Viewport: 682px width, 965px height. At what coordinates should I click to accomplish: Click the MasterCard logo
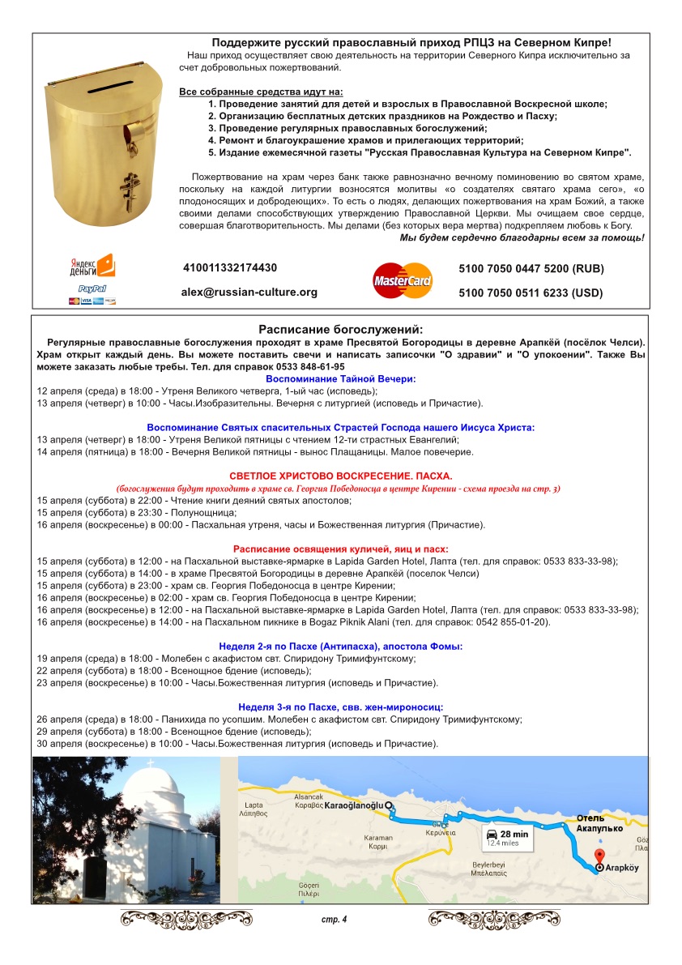coord(403,280)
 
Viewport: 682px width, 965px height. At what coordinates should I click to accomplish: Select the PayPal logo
coord(92,288)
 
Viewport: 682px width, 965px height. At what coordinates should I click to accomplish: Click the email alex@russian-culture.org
coord(249,292)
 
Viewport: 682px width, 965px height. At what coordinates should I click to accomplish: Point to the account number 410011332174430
coord(230,267)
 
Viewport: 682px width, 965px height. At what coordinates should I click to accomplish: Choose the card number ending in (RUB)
coord(531,269)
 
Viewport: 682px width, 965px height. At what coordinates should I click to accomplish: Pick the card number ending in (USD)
coord(531,293)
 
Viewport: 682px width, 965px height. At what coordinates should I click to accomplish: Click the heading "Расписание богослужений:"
coord(340,329)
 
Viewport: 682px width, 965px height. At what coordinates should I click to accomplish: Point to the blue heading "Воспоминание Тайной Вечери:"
coord(340,378)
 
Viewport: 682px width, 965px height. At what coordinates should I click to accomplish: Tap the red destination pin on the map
coord(599,856)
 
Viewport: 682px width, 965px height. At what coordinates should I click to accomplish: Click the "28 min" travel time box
coord(508,838)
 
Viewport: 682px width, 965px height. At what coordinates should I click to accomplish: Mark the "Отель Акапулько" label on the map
coord(599,822)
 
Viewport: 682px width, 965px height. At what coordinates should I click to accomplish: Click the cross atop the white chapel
coord(149,763)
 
